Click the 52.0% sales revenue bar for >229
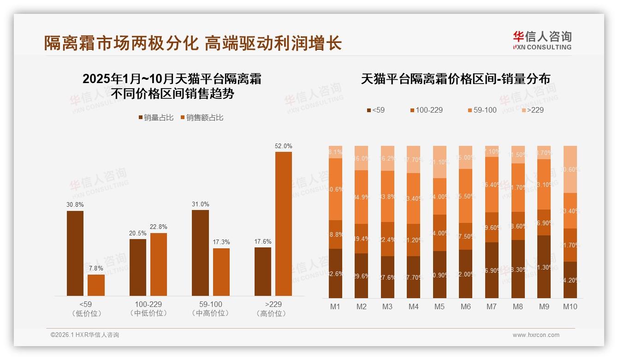coord(283,224)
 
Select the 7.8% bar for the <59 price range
coord(96,285)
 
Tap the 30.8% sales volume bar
coord(75,253)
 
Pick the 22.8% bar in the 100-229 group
coord(159,264)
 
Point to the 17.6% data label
coord(263,241)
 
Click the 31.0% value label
coord(200,204)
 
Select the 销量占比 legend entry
coord(156,118)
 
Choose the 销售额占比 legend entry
coord(202,118)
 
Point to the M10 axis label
coord(570,306)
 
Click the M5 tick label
coord(440,306)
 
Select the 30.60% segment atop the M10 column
coord(570,169)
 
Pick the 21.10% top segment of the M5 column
coord(440,162)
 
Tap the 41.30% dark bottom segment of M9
coord(544,267)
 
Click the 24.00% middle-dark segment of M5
coord(440,233)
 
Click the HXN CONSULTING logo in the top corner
coord(542,40)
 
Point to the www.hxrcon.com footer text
coord(536,335)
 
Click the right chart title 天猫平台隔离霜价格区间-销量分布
coord(455,79)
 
